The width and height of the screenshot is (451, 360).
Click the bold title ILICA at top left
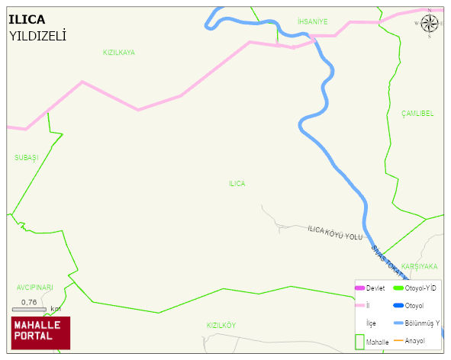tap(27, 19)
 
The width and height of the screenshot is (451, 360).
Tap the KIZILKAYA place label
tap(118, 53)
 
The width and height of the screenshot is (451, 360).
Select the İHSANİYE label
tap(312, 22)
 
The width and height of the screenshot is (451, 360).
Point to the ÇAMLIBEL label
tap(417, 113)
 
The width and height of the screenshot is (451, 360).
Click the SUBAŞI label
tap(26, 157)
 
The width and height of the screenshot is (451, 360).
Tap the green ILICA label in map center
tap(237, 184)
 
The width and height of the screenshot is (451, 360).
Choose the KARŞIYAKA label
tap(419, 267)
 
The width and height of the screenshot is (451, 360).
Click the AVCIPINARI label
tap(35, 288)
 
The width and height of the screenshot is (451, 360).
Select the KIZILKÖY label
tap(221, 325)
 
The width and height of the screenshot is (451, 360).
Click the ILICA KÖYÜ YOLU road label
tap(335, 233)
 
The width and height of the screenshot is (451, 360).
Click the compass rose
tap(430, 23)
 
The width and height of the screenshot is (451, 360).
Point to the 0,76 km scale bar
tap(31, 308)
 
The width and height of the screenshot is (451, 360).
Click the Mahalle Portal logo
tap(40, 332)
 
